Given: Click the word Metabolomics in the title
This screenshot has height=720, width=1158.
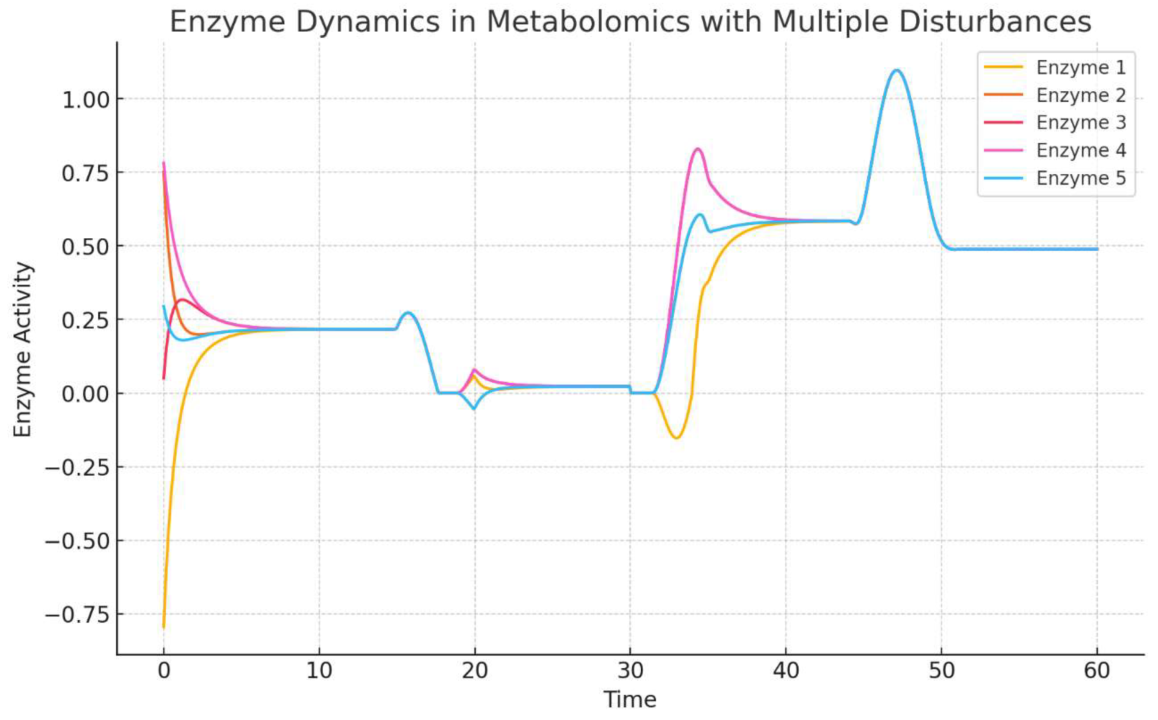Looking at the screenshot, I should coord(587,22).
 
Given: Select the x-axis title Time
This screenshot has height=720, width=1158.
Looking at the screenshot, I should coord(630,700).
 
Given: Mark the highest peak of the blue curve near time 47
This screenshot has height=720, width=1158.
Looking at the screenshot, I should coord(897,70).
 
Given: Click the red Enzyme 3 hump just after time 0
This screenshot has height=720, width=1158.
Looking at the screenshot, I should coord(182,299).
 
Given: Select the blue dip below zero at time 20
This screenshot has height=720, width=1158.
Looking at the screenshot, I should coord(474,408).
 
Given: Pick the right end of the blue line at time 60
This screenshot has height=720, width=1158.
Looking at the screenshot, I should coord(1097,249).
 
